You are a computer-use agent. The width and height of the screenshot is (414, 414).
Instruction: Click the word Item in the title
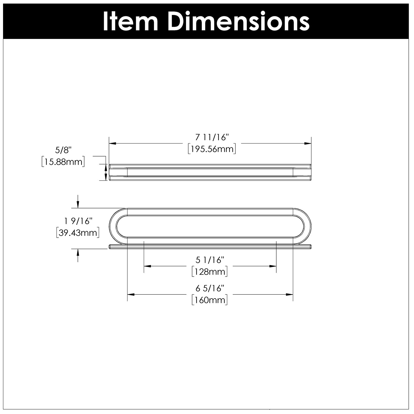130,22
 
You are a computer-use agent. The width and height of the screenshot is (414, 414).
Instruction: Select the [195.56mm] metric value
212,149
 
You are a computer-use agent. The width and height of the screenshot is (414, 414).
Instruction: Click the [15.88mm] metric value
63,162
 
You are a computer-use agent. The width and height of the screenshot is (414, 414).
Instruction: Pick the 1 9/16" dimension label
78,221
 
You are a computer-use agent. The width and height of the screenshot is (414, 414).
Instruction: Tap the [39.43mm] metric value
78,233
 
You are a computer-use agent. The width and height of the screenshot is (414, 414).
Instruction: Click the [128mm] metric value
210,272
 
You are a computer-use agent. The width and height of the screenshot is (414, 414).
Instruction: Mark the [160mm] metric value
210,300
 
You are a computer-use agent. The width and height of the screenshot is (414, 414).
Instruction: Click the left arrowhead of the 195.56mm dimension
112,144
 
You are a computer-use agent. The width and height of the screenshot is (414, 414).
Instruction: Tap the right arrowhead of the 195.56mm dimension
308,144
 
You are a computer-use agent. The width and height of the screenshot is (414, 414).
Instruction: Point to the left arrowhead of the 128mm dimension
147,266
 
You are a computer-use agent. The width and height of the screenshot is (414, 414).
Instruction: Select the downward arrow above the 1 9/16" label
78,201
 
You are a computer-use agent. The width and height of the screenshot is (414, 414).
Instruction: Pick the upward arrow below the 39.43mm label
78,255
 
